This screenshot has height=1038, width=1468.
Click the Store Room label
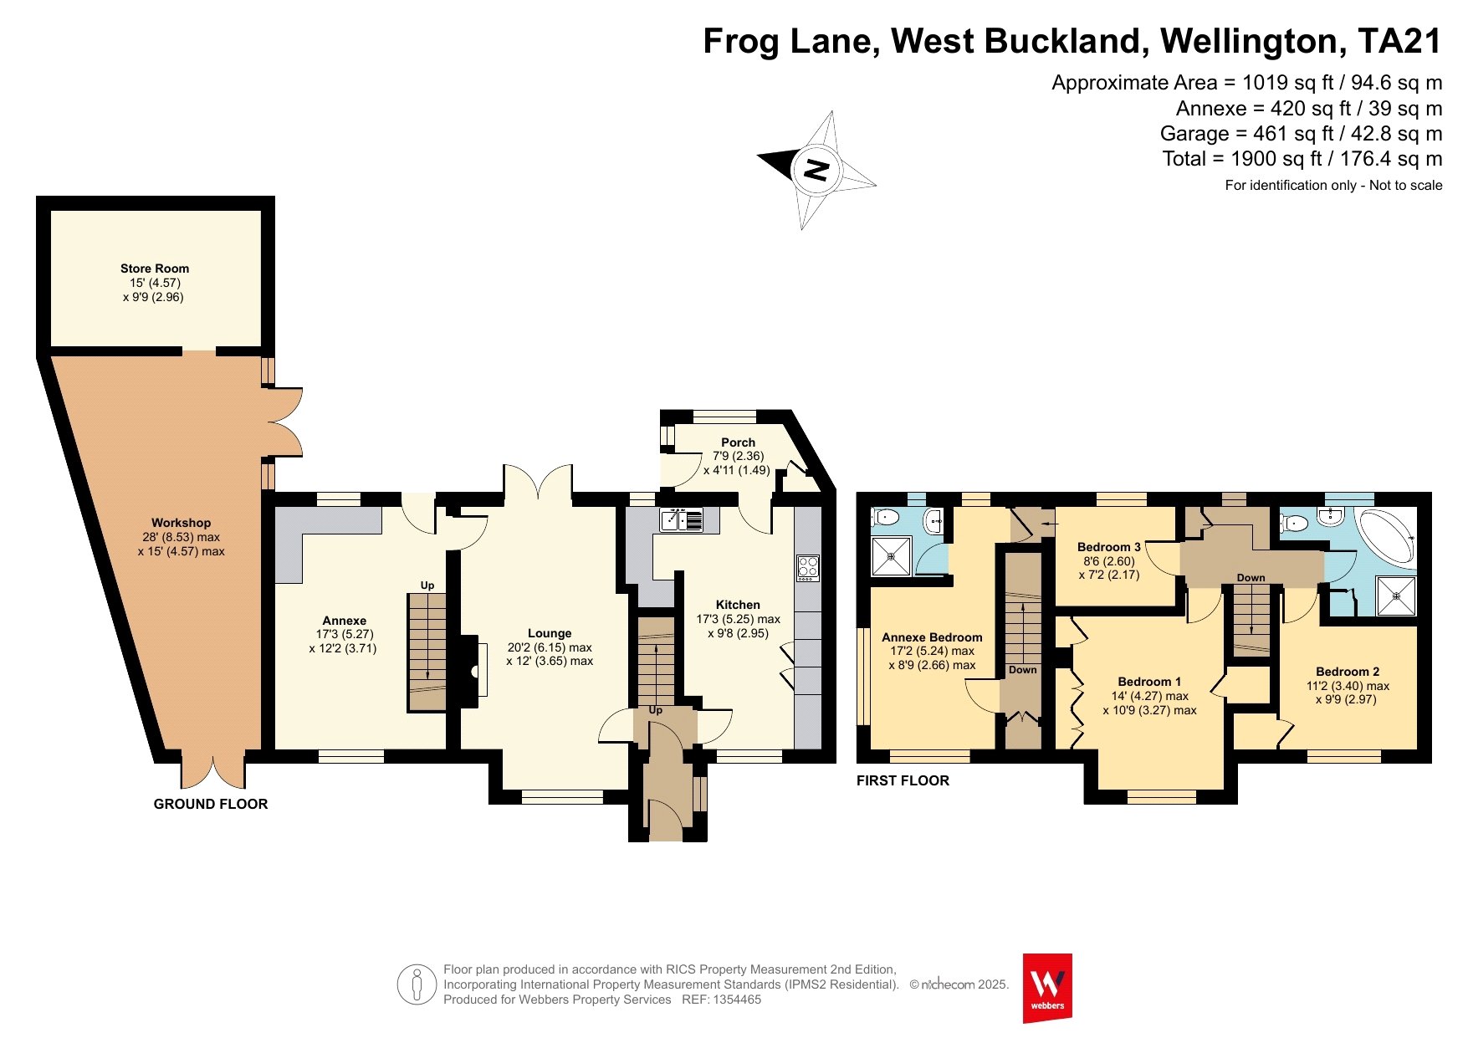155,268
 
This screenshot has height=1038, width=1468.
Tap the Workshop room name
181,523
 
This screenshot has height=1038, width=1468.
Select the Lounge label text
550,633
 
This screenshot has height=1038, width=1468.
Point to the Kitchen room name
738,605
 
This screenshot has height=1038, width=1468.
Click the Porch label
738,442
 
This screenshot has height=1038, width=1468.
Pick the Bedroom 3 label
1109,547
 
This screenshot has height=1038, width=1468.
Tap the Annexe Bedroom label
932,637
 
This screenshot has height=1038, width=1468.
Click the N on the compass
816,170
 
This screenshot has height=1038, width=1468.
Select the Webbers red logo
1047,988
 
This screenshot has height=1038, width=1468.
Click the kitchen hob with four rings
808,568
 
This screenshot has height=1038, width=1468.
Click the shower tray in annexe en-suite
892,556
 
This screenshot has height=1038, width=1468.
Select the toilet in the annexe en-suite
883,517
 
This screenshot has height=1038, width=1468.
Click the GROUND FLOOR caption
211,804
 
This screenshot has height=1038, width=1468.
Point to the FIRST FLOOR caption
903,780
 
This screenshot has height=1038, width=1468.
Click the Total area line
1302,159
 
